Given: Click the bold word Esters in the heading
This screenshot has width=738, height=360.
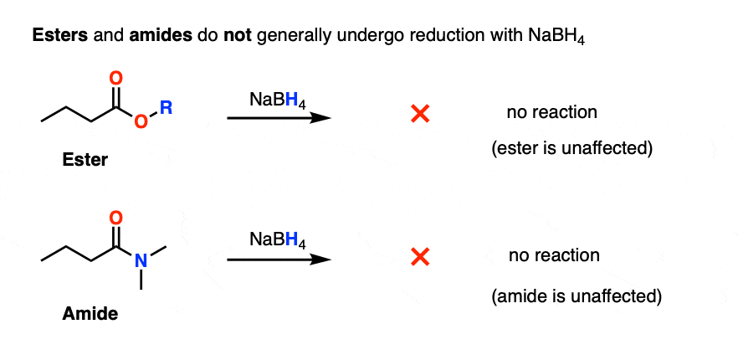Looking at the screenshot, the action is pos(59,37).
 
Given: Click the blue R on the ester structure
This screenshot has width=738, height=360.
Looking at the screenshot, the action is pos(166,108).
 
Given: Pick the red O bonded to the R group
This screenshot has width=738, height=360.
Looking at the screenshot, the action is pos(141,121).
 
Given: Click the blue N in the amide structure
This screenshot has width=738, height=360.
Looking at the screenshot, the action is pos(141,260).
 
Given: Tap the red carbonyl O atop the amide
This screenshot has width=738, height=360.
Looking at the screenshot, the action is pos(115,218).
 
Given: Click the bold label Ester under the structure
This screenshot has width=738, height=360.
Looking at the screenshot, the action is pos(85,160).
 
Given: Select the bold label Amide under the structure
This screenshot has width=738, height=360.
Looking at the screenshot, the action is pos(90,313).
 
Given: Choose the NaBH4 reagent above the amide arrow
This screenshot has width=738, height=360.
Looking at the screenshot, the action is pos(278,241).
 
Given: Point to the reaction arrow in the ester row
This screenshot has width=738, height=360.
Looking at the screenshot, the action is pos(279,118).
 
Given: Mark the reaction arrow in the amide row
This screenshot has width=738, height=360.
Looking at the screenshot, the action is pos(279,260).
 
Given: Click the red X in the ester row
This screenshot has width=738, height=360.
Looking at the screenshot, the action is pos(420,114).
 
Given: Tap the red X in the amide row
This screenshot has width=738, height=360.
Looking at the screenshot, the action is pos(420,257).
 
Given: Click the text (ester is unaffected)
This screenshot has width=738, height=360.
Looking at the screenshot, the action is pos(571,149).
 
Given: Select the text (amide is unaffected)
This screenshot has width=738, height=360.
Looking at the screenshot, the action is pos(577,296).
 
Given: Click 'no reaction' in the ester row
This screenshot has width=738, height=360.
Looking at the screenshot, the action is pos(551,112).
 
